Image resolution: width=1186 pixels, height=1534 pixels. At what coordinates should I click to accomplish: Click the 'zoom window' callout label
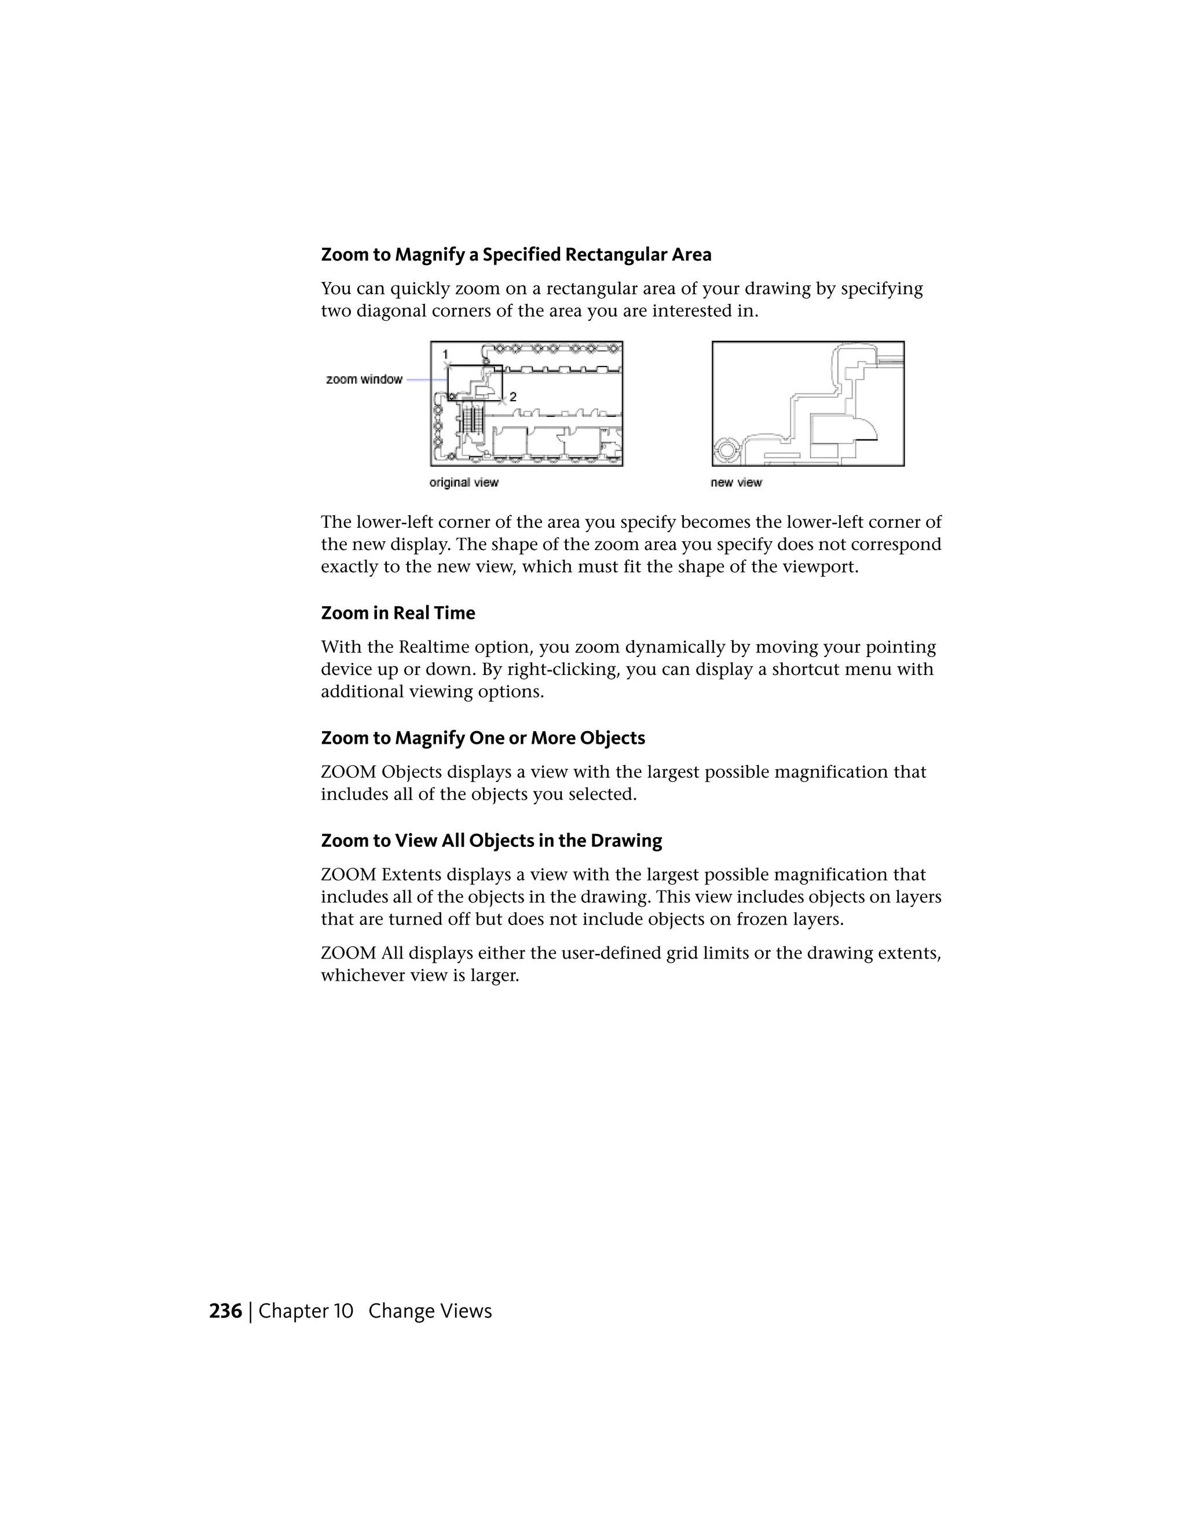click(x=364, y=379)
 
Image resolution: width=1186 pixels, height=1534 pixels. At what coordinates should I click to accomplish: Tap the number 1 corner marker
click(x=445, y=355)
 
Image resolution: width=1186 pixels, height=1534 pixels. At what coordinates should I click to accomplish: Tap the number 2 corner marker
click(x=513, y=397)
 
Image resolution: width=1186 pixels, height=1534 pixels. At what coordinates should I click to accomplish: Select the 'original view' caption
click(x=464, y=483)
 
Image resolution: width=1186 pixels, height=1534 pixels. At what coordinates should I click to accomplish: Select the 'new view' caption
click(x=735, y=483)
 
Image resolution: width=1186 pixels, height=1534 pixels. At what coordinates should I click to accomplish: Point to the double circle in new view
click(x=725, y=450)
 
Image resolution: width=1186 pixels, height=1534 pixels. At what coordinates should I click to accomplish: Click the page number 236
click(x=225, y=1311)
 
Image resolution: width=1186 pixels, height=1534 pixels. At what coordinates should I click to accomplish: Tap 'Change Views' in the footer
click(x=430, y=1311)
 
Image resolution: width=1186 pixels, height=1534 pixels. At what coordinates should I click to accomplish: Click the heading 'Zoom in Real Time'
click(x=398, y=613)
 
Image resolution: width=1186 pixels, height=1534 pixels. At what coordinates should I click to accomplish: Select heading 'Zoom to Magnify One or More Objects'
click(x=483, y=738)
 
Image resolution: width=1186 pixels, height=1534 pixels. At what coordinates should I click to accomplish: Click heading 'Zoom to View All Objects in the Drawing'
click(x=491, y=841)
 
